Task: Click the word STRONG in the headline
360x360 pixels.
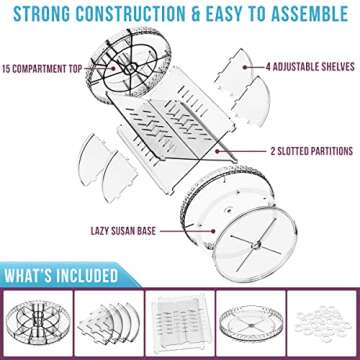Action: pos(42,14)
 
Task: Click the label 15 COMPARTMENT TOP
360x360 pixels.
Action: pos(42,69)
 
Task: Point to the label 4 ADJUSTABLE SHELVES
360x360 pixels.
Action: pos(310,67)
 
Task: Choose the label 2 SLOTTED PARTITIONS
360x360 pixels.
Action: pos(311,151)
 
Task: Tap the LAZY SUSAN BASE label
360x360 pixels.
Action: pos(123,231)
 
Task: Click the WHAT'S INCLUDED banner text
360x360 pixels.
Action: pos(61,276)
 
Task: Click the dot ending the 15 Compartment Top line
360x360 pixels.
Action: pos(114,68)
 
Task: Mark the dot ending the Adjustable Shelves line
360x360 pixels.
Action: pos(245,67)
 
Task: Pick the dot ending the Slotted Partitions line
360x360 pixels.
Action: pos(217,151)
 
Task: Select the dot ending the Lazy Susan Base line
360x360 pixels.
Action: pos(212,231)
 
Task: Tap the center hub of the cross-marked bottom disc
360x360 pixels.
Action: pos(255,246)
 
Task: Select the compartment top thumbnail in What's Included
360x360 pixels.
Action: pos(38,323)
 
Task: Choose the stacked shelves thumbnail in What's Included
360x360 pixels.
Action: pos(109,323)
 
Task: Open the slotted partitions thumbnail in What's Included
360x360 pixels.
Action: pos(180,323)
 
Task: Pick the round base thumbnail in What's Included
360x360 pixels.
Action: pos(251,323)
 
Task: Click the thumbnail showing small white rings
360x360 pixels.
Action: pos(322,323)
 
